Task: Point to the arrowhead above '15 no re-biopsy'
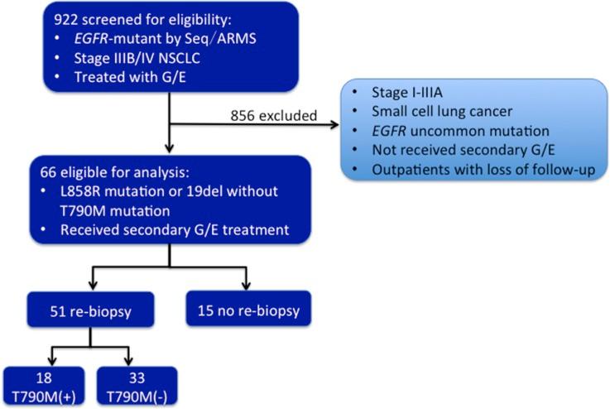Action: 247,284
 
